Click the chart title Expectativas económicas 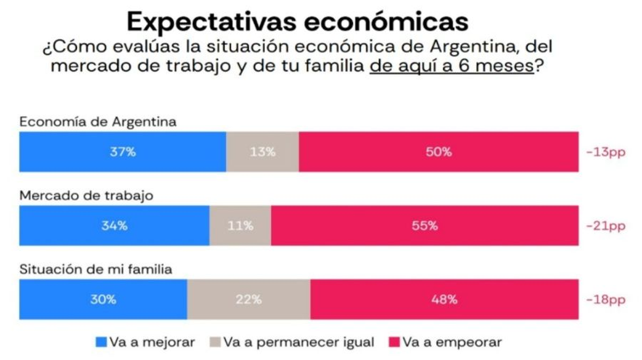(297, 21)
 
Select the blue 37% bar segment (123, 152)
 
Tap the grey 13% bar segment (262, 152)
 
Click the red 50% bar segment (439, 152)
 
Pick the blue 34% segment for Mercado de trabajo (114, 226)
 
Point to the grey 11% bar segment (240, 226)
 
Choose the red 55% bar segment (424, 226)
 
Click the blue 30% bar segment (103, 300)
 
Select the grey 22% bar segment (248, 300)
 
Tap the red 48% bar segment (444, 300)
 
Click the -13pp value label (605, 152)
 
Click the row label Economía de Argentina (98, 122)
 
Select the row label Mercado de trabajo (86, 196)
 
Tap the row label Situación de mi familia (96, 270)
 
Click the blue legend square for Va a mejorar (101, 342)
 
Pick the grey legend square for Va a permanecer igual (215, 342)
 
